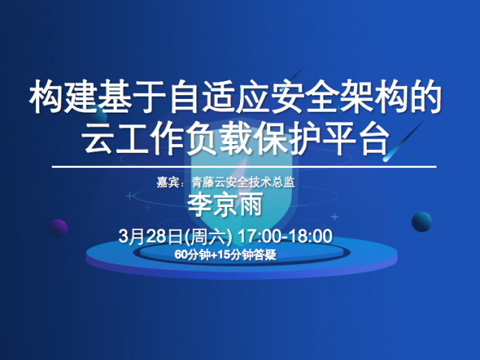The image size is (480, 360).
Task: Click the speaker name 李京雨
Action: click(x=225, y=204)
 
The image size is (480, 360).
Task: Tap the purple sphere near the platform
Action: click(x=58, y=229)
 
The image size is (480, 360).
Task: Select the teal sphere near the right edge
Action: click(x=421, y=222)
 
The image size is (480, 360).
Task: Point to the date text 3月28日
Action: click(x=151, y=236)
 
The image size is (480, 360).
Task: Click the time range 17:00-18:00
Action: click(x=285, y=236)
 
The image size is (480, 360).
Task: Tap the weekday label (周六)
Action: click(x=208, y=237)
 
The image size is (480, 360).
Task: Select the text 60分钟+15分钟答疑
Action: click(x=225, y=255)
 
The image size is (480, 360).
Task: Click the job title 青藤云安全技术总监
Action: click(x=243, y=182)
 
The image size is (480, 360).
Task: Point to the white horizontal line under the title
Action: click(x=244, y=166)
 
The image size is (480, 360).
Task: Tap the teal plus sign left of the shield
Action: click(x=130, y=196)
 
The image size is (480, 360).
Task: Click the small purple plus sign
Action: click(x=148, y=208)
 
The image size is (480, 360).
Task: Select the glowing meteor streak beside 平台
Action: click(x=404, y=141)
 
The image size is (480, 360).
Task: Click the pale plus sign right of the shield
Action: click(x=334, y=217)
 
